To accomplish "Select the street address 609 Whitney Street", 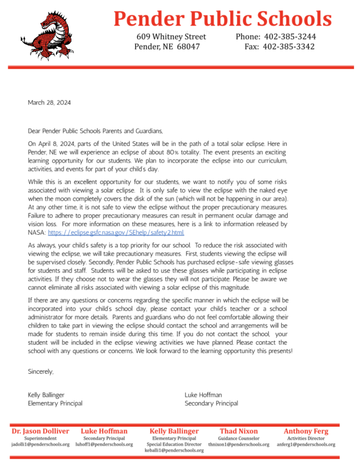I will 171,37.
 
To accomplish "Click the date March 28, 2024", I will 49,103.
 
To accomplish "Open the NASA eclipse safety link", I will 116,232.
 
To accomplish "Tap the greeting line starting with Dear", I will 95,131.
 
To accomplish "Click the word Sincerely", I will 41,372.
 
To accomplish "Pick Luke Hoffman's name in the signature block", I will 203,395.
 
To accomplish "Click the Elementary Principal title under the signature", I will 55,403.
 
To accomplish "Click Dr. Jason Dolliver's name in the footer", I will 41,431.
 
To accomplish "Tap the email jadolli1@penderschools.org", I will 41,445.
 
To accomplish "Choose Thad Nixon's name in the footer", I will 238,431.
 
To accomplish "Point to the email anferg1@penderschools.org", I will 306,445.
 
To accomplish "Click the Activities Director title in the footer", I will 306,438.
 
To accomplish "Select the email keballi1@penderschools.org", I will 174,451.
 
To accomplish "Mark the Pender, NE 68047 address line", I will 167,47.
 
